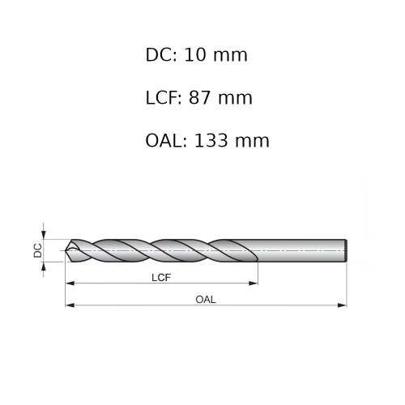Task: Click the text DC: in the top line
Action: coord(161,56)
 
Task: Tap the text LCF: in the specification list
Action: coord(164,99)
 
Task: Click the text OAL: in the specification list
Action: coord(167,141)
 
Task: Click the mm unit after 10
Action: coord(233,56)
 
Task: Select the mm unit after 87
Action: coord(237,99)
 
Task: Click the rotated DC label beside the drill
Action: coord(38,251)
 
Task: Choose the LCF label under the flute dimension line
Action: coord(161,277)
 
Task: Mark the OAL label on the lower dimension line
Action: coord(206,299)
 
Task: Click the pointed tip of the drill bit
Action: coord(66,251)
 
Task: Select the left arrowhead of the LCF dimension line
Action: coord(70,283)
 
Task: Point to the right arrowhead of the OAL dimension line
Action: coord(343,305)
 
